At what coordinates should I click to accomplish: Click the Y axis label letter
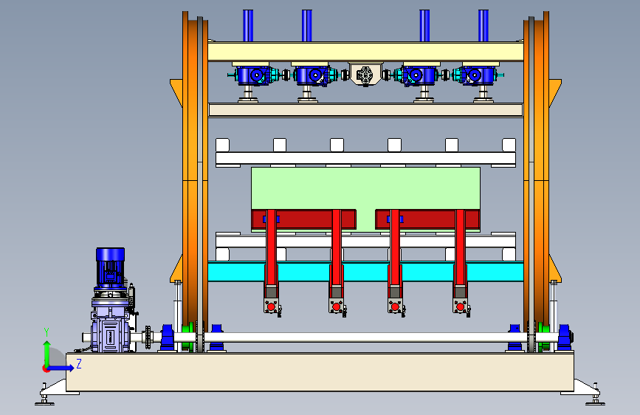47,332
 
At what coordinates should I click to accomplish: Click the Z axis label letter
79,363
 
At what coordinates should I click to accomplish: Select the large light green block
365,188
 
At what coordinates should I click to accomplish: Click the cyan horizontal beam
365,272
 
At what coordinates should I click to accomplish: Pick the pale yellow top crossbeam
365,52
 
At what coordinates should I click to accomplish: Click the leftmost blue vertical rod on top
248,25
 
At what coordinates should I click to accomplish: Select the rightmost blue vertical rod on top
484,25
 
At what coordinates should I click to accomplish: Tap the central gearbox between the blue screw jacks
365,74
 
